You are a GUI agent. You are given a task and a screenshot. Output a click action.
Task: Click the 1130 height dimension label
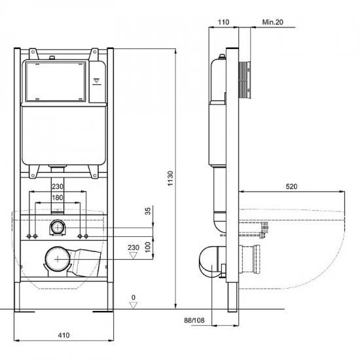[x=170, y=178]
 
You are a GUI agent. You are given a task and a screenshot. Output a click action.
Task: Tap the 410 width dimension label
[x=63, y=335]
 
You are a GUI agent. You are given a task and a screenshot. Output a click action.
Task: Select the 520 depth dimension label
[x=291, y=187]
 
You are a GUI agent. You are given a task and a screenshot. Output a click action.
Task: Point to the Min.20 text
[x=273, y=22]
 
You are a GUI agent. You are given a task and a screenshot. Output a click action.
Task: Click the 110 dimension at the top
[x=223, y=22]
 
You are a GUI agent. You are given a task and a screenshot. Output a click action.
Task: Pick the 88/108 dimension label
[x=194, y=320]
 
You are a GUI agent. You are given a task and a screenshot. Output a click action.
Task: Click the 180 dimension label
[x=57, y=198]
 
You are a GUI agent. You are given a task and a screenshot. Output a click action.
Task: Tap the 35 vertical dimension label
[x=149, y=211]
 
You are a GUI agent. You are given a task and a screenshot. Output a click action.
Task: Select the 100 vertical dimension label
[x=149, y=247]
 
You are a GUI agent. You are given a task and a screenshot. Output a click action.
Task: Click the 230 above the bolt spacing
[x=57, y=186]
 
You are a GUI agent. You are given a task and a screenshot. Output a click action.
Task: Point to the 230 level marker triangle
[x=134, y=255]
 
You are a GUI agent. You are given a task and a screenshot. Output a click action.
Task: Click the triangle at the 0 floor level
[x=134, y=306]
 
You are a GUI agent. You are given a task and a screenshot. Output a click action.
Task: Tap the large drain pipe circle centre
[x=58, y=259]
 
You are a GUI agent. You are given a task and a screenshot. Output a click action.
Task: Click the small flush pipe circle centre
[x=57, y=228]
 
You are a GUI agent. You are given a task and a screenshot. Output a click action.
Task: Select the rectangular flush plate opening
[x=56, y=82]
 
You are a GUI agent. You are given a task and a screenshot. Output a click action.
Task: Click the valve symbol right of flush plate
[x=97, y=82]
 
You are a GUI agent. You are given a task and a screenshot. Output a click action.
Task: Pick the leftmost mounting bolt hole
[x=29, y=236]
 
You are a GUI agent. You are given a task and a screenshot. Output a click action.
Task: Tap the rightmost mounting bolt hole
[x=86, y=236]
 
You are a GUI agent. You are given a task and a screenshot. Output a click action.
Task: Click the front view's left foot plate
[x=24, y=312]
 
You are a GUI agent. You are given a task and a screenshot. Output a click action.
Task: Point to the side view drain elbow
[x=212, y=262]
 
